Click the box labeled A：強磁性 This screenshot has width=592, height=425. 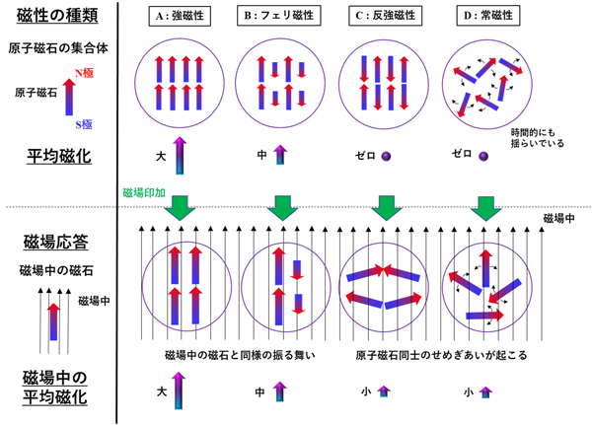pos(180,16)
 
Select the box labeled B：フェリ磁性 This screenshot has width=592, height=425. pos(279,16)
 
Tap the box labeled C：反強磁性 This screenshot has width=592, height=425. pos(385,16)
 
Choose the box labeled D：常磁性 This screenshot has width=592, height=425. pos(488,16)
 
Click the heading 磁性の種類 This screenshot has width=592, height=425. pos(57,16)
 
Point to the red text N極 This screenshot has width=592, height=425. pos(84,72)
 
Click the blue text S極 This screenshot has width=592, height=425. pos(84,124)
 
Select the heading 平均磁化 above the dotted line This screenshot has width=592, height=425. pos(59,156)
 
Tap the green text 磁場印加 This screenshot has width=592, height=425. pos(144,193)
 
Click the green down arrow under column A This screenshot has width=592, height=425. pos(180,208)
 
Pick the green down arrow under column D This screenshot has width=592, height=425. pos(485,208)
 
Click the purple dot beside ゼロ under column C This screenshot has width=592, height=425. pos(386,156)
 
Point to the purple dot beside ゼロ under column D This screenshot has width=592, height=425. pos(483,156)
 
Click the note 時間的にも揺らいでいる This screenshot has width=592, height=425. pos(538,138)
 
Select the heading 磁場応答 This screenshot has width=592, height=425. pos(56,242)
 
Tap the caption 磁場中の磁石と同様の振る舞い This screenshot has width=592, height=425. pos(240,355)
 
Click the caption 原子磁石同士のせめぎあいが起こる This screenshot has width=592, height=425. pos(441,355)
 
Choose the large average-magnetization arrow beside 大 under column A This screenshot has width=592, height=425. pos(180,156)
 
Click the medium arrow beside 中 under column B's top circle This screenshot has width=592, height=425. pos(280,155)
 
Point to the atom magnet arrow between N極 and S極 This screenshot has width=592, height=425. pos(69,97)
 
